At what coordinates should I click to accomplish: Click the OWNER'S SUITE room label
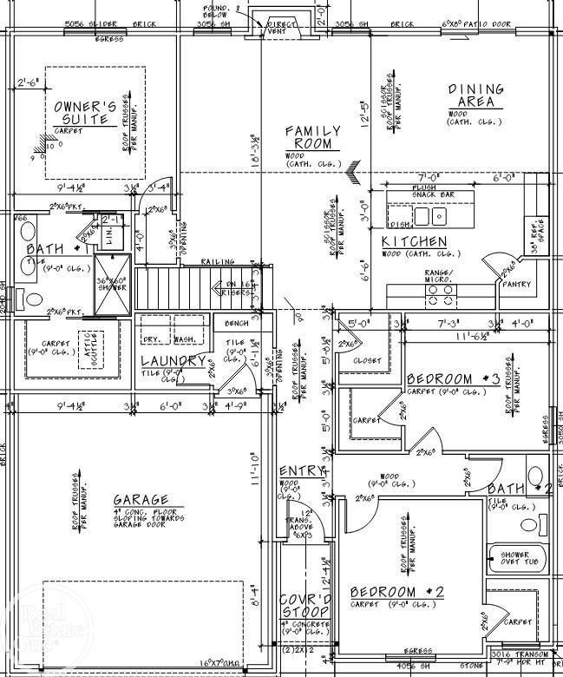click(86, 113)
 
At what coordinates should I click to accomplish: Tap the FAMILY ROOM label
click(313, 137)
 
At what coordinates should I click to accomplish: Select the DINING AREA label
click(475, 96)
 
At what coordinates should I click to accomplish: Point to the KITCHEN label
click(415, 241)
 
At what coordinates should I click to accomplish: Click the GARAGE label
click(140, 501)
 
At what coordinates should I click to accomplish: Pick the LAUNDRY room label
click(173, 361)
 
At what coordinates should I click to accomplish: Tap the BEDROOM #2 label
click(397, 592)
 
